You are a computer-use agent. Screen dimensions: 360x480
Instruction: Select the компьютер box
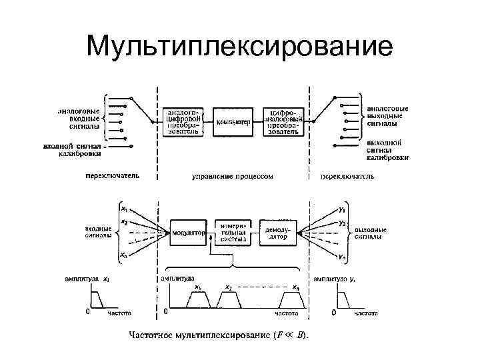[x=233, y=123]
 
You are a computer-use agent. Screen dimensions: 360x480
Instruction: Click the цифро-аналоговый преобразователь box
[x=285, y=121]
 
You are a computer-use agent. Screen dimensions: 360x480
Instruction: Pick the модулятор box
[x=187, y=233]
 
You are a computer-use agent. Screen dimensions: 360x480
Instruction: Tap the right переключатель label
[x=347, y=177]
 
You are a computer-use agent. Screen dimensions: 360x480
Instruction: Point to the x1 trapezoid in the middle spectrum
[x=198, y=301]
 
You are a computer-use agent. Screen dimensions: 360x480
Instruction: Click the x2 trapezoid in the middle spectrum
[x=230, y=301]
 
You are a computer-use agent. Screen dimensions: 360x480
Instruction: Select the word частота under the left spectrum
[x=120, y=312]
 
